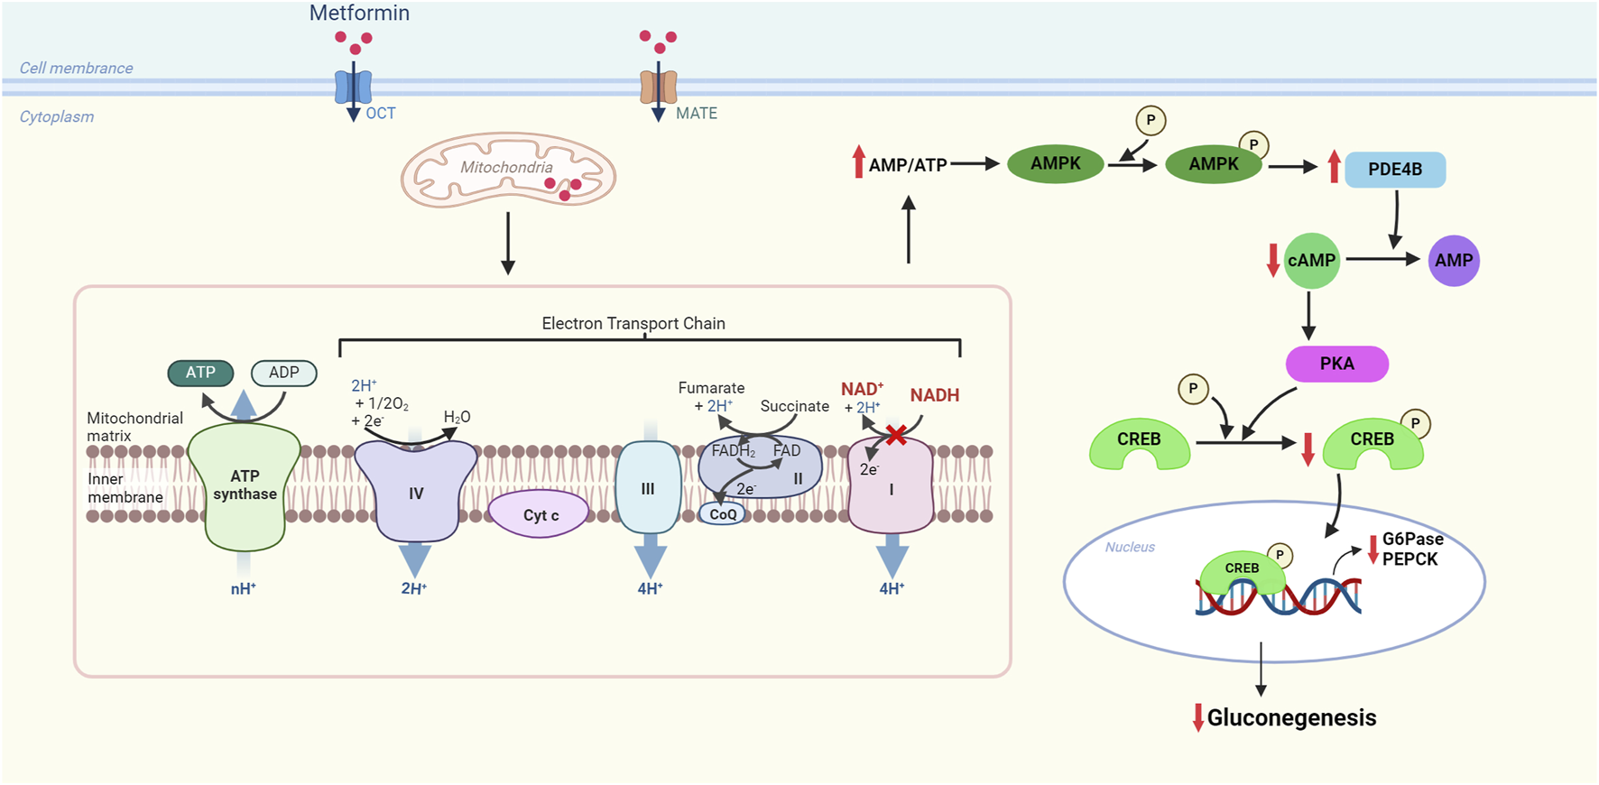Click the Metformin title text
click(359, 14)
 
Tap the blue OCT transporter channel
click(353, 87)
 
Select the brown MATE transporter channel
click(659, 87)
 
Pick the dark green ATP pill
click(200, 373)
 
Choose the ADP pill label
click(283, 373)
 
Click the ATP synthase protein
click(245, 487)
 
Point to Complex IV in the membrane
click(415, 492)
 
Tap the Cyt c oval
click(540, 514)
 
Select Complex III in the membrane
click(648, 488)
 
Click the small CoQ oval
click(723, 514)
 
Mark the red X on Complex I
click(896, 436)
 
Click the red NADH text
click(934, 395)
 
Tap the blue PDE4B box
click(1394, 170)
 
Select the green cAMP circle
click(1311, 261)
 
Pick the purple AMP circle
click(1453, 261)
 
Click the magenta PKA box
click(1336, 364)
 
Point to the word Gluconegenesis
click(1291, 718)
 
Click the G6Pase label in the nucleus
click(1412, 540)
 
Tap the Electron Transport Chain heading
click(633, 323)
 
